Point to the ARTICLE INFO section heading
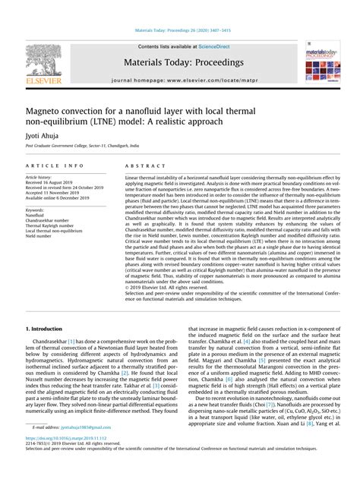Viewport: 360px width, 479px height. (x=53, y=164)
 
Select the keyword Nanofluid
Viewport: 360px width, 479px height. (x=36, y=215)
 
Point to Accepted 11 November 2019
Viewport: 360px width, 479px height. (x=55, y=194)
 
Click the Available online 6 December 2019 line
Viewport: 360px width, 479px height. (x=60, y=199)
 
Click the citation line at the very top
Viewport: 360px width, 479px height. (x=180, y=31)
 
